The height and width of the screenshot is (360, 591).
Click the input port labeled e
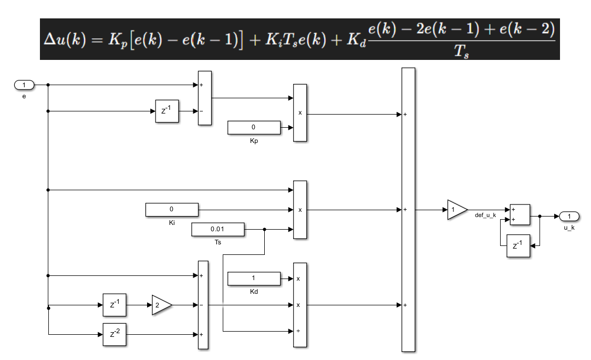click(24, 85)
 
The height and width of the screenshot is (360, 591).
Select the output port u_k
click(569, 217)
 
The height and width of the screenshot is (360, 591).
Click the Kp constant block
click(254, 127)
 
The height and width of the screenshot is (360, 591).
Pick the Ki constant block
click(171, 210)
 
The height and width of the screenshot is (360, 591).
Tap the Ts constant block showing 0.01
click(217, 229)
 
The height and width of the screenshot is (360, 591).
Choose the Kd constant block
click(254, 278)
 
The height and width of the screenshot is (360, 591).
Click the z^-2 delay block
click(114, 334)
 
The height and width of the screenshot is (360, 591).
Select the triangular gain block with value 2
click(162, 305)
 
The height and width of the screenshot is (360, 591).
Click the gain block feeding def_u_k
click(457, 210)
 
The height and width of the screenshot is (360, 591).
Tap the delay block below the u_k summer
click(518, 246)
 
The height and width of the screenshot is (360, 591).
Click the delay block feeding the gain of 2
click(114, 305)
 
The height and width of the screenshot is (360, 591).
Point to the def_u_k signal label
click(485, 215)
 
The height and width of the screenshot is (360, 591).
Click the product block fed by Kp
click(299, 112)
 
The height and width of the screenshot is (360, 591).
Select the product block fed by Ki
click(299, 210)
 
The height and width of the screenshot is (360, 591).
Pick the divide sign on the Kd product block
click(298, 331)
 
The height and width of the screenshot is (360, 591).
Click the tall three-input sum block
click(408, 210)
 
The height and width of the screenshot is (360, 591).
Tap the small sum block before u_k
click(520, 214)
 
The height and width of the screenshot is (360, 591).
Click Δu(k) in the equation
click(65, 39)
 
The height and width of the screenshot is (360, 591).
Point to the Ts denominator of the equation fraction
click(461, 51)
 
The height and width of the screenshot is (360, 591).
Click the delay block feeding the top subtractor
click(167, 111)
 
